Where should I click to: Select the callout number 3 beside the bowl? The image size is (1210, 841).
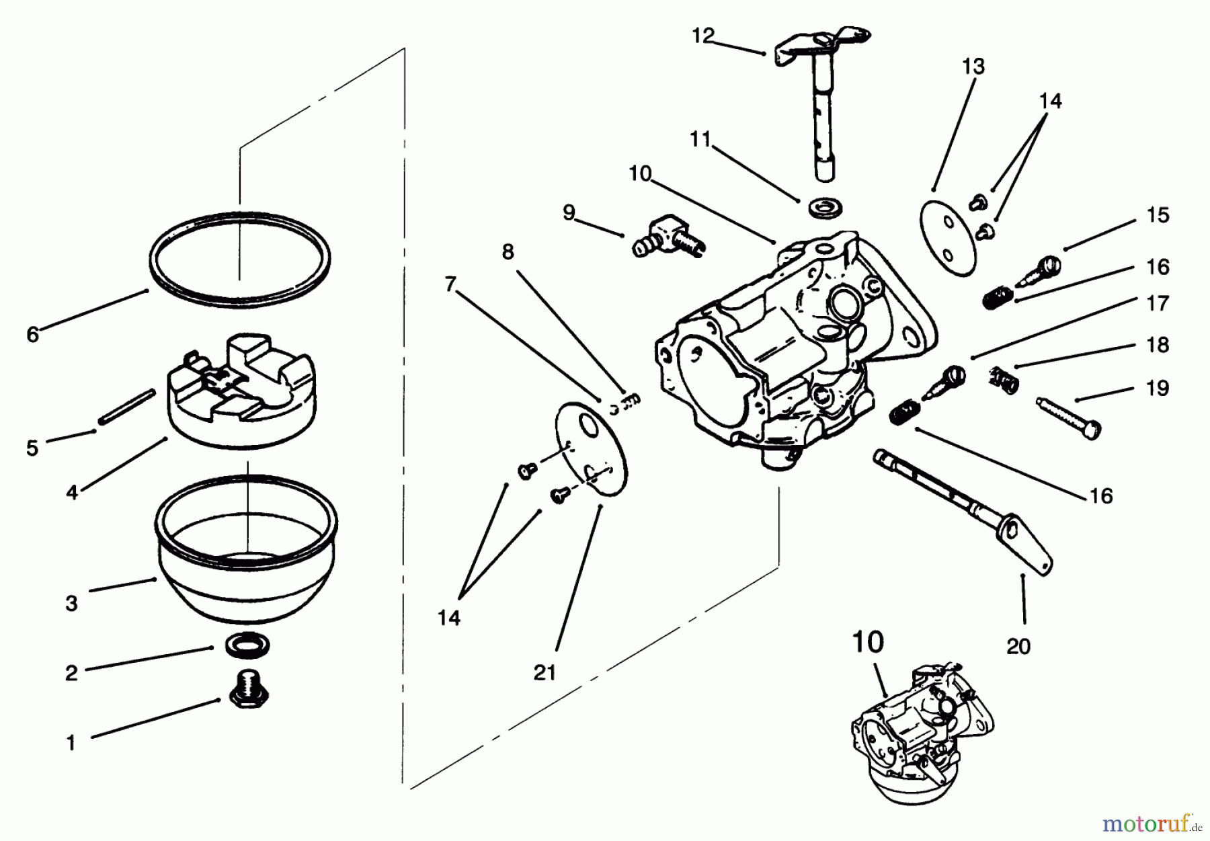pyautogui.click(x=72, y=603)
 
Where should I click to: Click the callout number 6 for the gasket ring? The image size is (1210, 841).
pyautogui.click(x=33, y=334)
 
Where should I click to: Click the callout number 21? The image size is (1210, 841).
pyautogui.click(x=544, y=672)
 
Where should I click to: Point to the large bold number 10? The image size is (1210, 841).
pyautogui.click(x=868, y=642)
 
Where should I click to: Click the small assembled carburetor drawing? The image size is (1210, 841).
pyautogui.click(x=921, y=733)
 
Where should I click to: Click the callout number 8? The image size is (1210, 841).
pyautogui.click(x=508, y=252)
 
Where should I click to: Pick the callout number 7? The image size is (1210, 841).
pyautogui.click(x=450, y=284)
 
